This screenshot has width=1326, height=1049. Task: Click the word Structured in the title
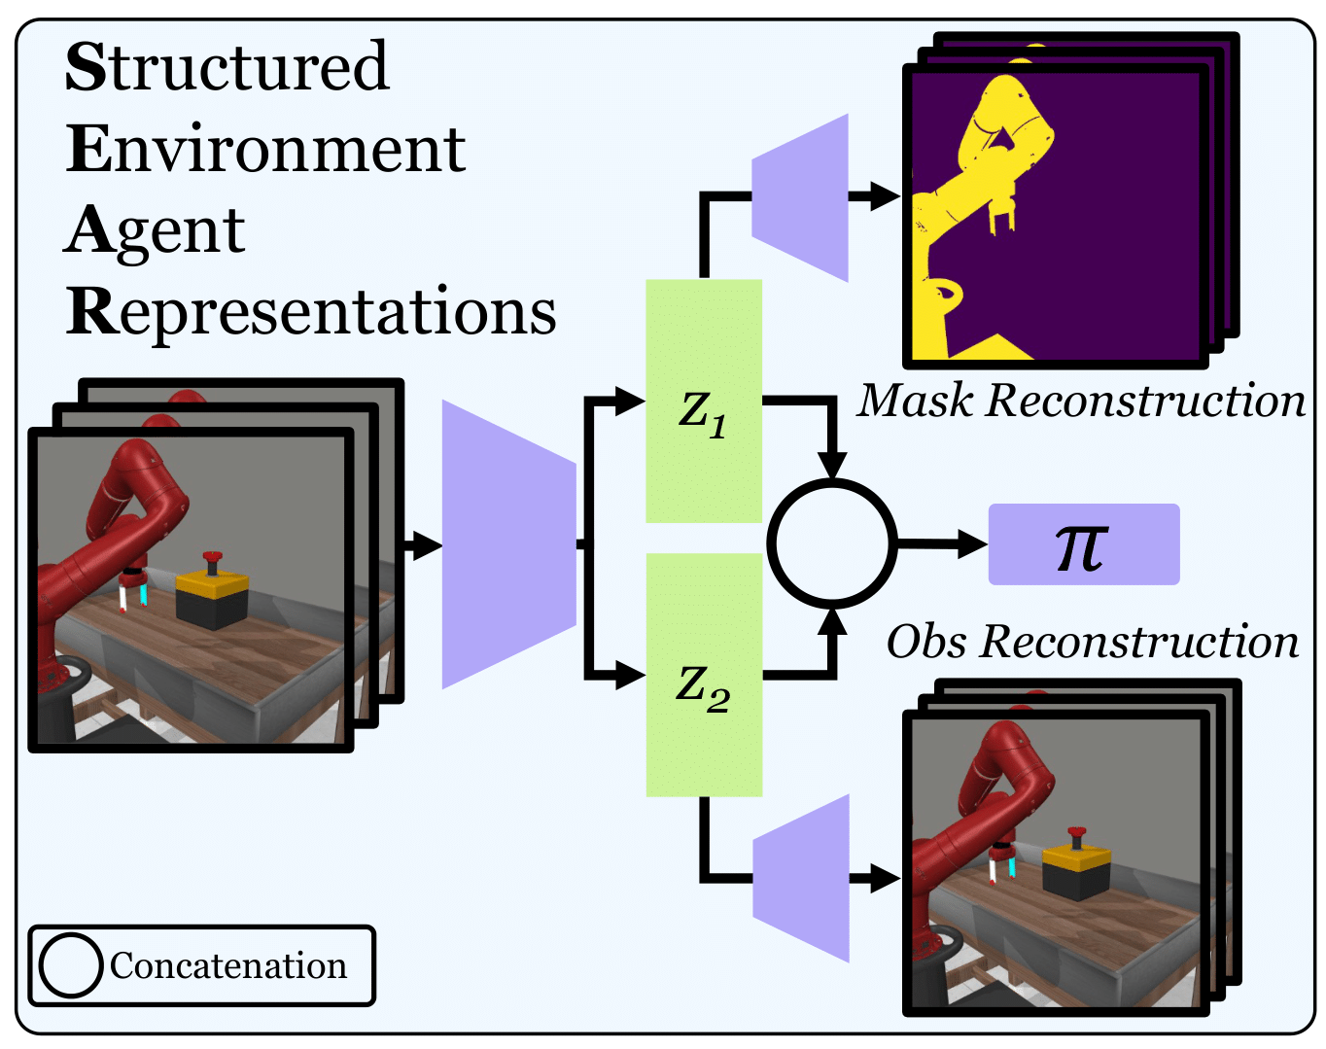[227, 67]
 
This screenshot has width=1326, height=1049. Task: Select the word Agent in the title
[156, 230]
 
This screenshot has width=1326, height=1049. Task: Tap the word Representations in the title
[311, 312]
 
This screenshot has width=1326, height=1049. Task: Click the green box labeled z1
[704, 401]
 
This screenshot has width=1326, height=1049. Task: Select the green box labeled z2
[704, 675]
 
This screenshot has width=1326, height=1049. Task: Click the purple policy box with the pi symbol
[1083, 544]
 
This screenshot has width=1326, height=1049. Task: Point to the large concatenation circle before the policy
[832, 543]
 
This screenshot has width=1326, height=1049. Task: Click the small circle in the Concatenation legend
[71, 965]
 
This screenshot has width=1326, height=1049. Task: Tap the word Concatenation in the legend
[227, 965]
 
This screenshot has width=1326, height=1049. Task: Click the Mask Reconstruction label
[1081, 401]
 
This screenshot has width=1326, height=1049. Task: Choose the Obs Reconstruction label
[1092, 642]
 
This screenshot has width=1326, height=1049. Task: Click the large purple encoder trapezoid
[508, 544]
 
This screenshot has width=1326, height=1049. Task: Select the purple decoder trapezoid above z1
[800, 197]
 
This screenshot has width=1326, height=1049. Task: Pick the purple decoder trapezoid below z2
[801, 879]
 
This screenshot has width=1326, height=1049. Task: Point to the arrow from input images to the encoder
[422, 545]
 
